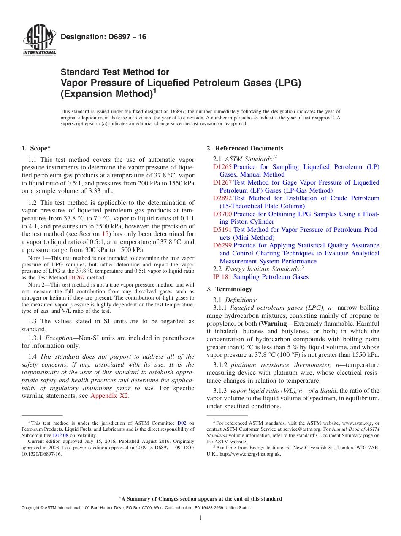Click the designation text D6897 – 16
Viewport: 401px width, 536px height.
103,37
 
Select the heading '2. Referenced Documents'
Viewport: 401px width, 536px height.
245,148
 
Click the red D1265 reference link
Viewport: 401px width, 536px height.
222,167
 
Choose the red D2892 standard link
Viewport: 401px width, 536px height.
222,198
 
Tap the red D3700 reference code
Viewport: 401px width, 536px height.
222,214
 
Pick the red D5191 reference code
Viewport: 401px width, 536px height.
222,230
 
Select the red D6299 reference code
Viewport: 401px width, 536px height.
222,245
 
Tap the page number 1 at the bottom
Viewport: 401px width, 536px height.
200,517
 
